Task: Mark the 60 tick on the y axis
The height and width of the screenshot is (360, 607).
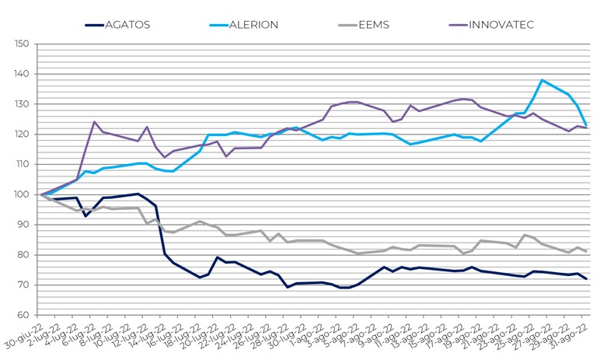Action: pyautogui.click(x=24, y=315)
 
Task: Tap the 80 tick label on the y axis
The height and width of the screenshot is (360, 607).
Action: pyautogui.click(x=24, y=255)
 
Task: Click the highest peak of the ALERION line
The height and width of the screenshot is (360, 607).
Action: pyautogui.click(x=542, y=80)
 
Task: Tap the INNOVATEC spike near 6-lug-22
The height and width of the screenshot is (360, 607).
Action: pyautogui.click(x=94, y=122)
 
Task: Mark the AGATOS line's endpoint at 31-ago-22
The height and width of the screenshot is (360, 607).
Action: pyautogui.click(x=585, y=279)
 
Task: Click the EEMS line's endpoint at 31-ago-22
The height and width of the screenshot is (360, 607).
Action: pyautogui.click(x=585, y=251)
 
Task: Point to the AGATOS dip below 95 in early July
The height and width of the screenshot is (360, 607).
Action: pyautogui.click(x=85, y=215)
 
